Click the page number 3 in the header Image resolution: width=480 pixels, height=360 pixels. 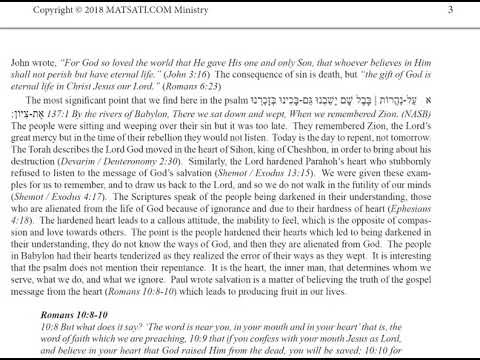tap(451, 10)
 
